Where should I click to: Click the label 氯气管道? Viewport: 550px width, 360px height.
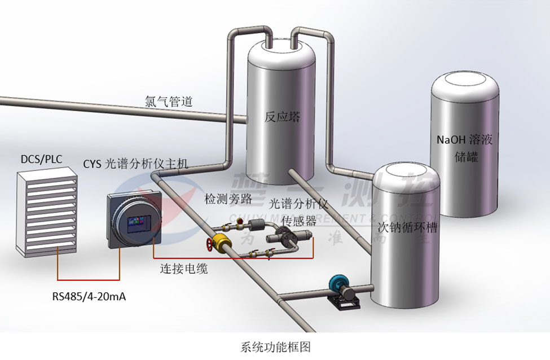[x=169, y=102]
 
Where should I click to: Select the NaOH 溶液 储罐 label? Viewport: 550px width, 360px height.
[x=464, y=148]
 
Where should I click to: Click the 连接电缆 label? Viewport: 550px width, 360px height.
[x=183, y=269]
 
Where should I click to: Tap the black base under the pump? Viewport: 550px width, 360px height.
[x=345, y=304]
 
